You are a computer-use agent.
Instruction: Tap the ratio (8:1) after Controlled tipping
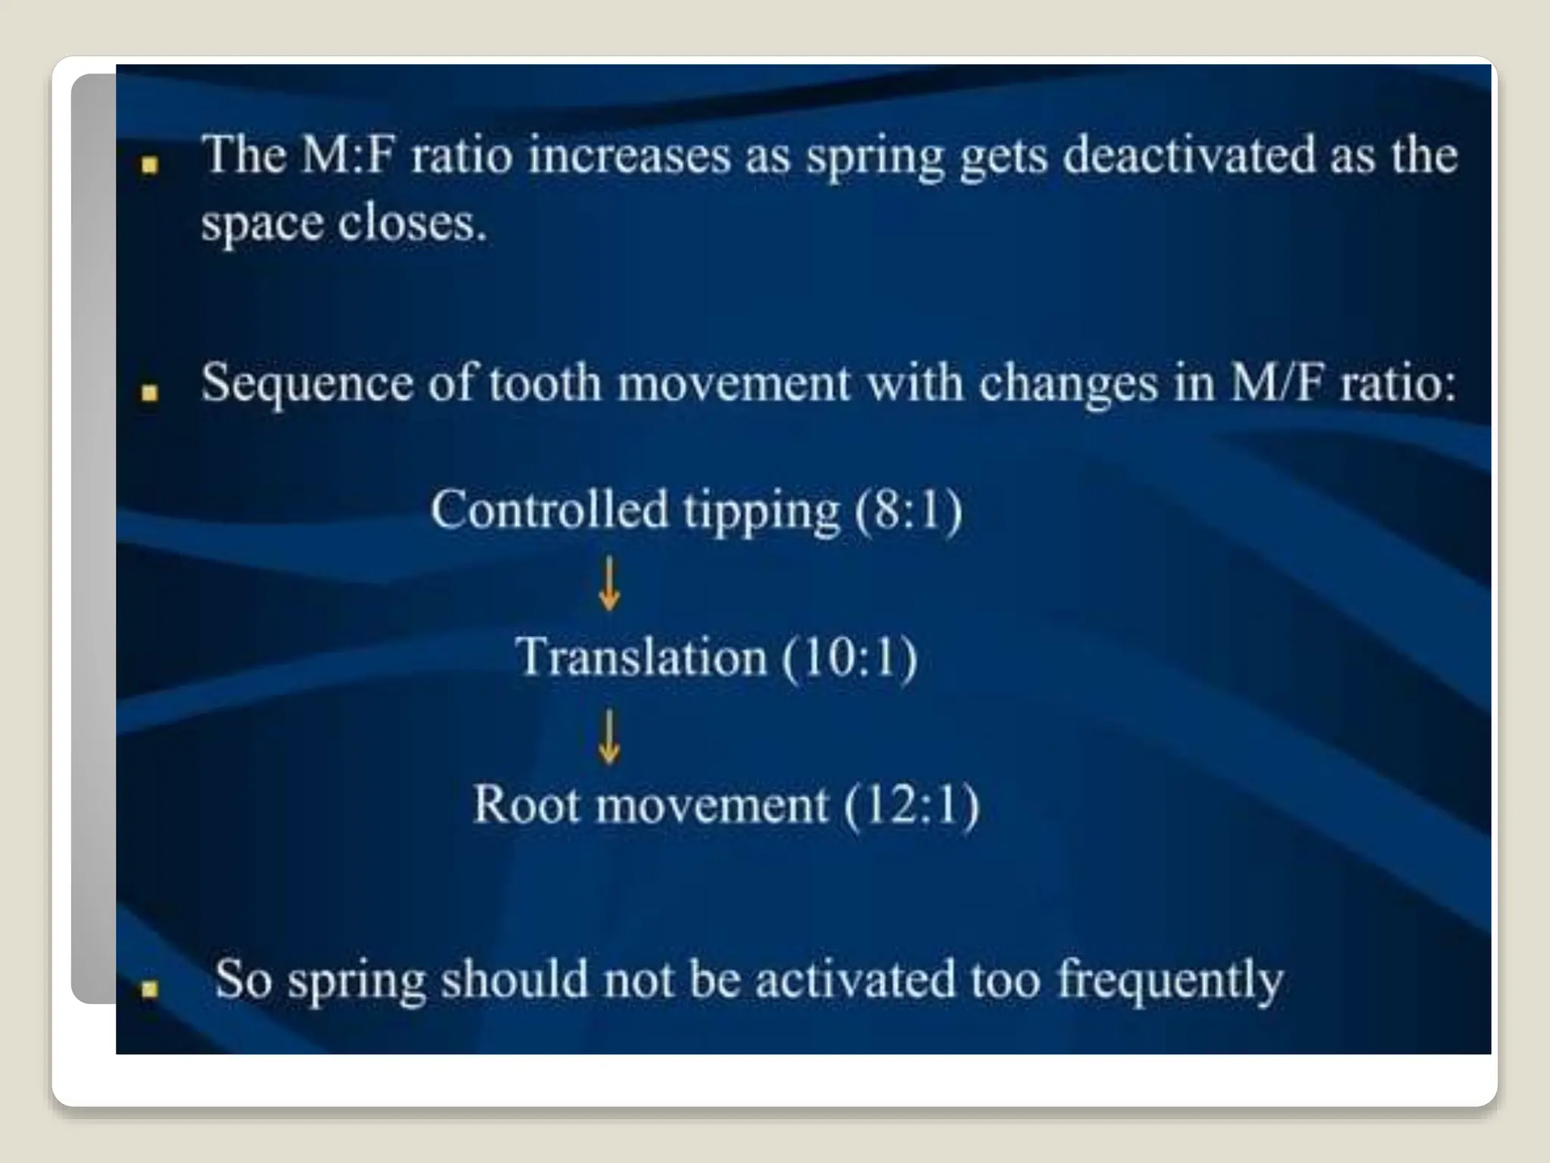coord(908,510)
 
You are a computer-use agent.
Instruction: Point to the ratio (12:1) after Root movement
coord(911,804)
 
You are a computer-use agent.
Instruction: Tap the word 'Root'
coord(526,804)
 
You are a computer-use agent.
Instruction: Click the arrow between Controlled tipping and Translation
coord(609,584)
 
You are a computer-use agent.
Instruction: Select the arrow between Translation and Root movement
coord(609,737)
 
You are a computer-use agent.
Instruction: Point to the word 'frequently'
coord(1170,981)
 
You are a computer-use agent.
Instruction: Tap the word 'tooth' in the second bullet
coord(544,382)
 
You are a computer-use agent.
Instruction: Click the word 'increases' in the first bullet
coord(629,155)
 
